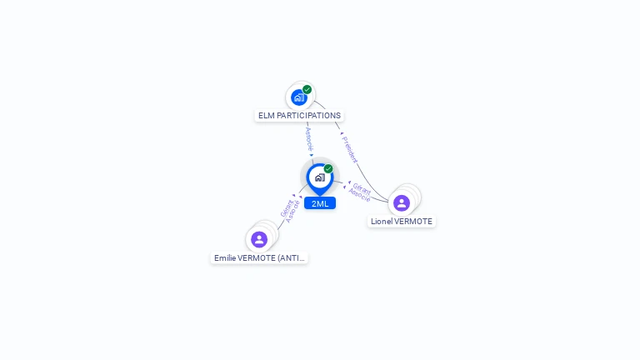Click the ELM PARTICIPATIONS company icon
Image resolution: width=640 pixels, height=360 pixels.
click(x=298, y=97)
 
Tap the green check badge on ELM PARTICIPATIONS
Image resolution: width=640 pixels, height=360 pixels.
click(x=307, y=90)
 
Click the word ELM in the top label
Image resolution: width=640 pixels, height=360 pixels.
click(x=267, y=116)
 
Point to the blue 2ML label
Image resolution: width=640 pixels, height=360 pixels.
click(x=320, y=203)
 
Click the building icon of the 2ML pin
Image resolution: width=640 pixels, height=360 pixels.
click(x=319, y=177)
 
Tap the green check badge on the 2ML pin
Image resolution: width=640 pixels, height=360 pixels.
click(x=328, y=169)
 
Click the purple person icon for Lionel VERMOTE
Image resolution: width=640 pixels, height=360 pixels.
click(x=402, y=202)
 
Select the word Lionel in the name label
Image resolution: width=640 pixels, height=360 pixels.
click(x=382, y=222)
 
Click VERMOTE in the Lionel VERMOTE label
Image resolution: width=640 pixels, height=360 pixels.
click(x=413, y=222)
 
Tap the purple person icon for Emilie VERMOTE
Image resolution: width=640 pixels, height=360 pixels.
click(x=259, y=239)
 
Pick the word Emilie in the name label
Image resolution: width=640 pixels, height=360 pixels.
click(x=225, y=258)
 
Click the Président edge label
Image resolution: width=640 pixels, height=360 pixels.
click(x=350, y=148)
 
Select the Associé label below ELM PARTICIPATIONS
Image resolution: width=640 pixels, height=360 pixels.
click(x=309, y=138)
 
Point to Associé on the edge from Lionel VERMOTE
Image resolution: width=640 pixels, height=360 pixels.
click(x=360, y=197)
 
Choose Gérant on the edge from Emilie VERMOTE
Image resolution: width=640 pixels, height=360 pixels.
click(x=287, y=207)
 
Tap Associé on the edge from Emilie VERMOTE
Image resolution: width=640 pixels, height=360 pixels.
click(x=293, y=212)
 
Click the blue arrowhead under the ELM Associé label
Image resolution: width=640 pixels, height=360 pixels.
click(x=312, y=155)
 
